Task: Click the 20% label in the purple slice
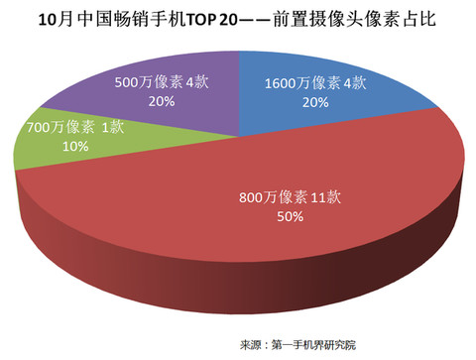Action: click(159, 101)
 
